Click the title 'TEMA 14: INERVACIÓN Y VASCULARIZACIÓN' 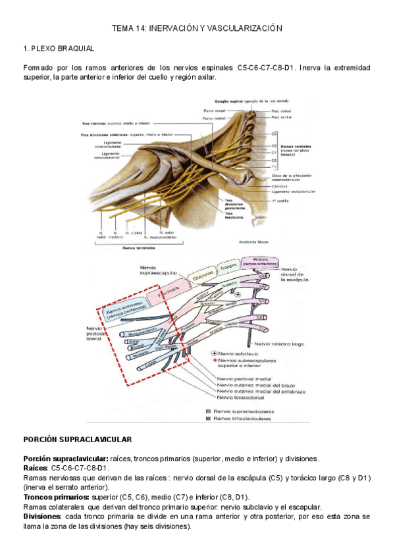(197, 28)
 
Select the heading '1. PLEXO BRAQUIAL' (59, 49)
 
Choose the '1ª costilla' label (282, 198)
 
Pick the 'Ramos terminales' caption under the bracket (138, 248)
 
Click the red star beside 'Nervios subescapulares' (215, 361)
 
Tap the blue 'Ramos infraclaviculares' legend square (207, 417)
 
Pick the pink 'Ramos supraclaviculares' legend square (207, 409)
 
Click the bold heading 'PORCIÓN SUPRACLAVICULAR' (77, 439)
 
